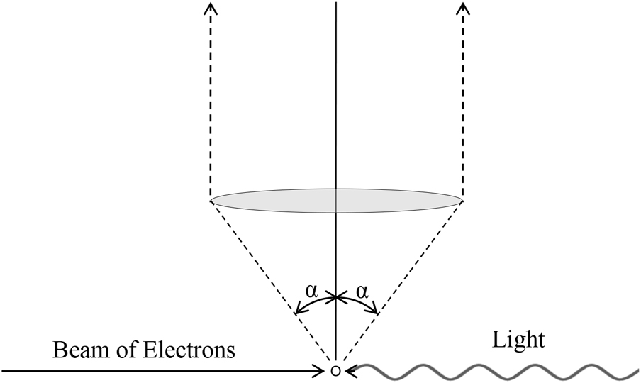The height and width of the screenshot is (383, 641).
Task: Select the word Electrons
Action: tap(190, 351)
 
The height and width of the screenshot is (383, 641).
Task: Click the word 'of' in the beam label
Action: tap(126, 351)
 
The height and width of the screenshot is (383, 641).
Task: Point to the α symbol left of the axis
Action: tap(311, 291)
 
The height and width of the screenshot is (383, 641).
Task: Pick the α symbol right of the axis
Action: tap(362, 291)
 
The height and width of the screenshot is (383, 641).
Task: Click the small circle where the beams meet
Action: tap(336, 371)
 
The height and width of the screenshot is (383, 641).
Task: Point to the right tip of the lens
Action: tap(462, 201)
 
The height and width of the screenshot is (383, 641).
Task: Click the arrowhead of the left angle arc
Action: tap(298, 311)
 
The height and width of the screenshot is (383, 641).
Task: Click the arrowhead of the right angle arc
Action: tap(375, 310)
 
